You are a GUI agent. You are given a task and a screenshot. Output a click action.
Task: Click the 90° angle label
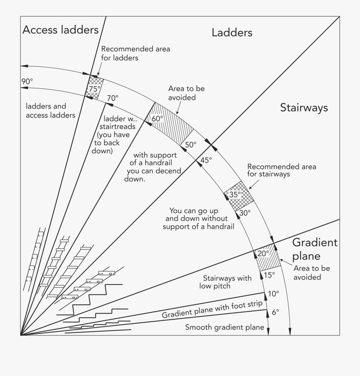coord(27,81)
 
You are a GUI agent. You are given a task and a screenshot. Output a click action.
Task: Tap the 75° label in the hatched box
coord(95,89)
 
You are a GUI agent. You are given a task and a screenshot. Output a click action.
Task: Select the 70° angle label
coord(113,98)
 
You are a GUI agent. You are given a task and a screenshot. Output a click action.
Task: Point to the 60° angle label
coord(158,119)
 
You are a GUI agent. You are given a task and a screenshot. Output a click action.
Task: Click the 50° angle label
coord(191,145)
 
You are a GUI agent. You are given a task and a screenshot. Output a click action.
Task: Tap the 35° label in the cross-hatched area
coord(236,194)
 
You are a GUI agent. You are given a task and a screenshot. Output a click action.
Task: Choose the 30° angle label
coord(245,213)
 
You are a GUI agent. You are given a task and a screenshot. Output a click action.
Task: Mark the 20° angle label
coord(263,254)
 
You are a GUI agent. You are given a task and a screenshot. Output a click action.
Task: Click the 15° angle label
coord(269,275)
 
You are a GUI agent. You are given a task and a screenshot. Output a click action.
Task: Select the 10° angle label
coord(273,294)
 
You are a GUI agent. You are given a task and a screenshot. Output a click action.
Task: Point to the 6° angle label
coord(275,312)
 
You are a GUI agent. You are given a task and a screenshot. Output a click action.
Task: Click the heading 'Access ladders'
coord(60,30)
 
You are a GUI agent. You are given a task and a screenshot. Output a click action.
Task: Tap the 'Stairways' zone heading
coord(304,108)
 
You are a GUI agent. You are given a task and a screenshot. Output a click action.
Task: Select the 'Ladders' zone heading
coord(232,32)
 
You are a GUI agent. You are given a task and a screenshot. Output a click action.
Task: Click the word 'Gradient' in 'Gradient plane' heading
coord(315,242)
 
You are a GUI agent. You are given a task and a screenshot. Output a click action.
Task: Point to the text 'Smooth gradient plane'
coord(224,327)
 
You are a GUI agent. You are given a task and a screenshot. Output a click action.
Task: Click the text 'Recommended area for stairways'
coord(274,170)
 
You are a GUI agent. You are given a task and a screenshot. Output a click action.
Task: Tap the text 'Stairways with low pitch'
coord(226,282)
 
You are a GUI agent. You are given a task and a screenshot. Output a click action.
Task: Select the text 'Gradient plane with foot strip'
coord(212,309)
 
